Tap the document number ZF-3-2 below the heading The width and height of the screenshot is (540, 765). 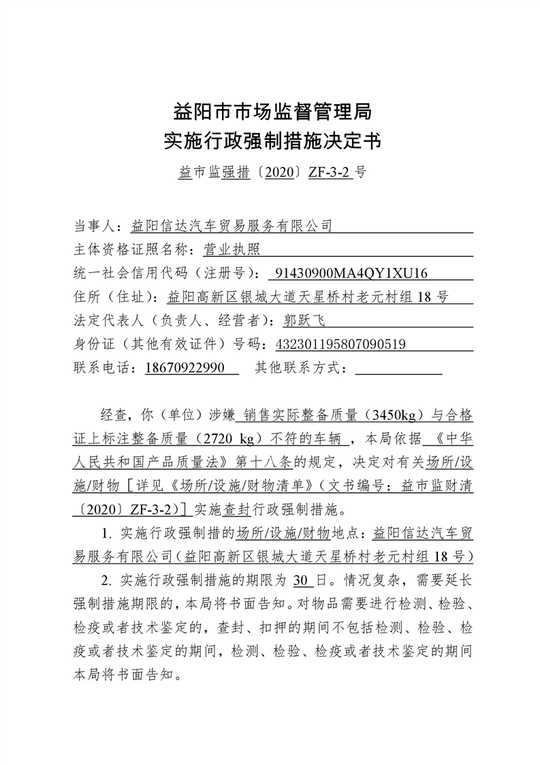(x=330, y=172)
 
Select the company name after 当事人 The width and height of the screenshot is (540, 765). (x=232, y=225)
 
